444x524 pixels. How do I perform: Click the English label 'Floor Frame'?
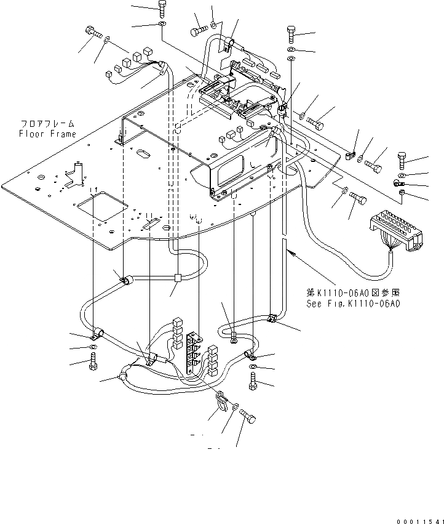click(x=47, y=134)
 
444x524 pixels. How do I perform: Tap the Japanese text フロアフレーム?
click(x=47, y=124)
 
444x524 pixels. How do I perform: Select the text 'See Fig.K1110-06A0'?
click(x=353, y=304)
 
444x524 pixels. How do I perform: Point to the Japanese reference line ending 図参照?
click(x=353, y=293)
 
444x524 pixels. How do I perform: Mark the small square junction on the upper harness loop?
click(x=177, y=278)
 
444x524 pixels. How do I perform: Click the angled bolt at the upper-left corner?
click(x=93, y=31)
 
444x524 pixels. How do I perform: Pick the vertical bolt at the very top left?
click(x=162, y=8)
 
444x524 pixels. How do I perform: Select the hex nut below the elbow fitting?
click(x=401, y=193)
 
